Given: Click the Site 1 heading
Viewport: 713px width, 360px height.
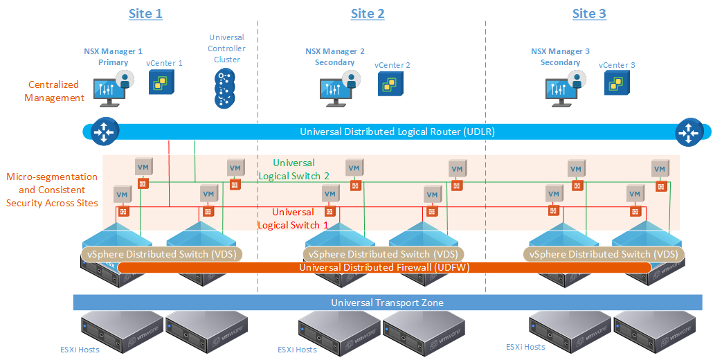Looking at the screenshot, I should (145, 13).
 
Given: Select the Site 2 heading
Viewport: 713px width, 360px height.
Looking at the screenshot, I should (368, 13).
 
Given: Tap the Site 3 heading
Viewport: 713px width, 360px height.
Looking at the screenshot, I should (589, 13).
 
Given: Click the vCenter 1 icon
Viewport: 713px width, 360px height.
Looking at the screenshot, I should (162, 82).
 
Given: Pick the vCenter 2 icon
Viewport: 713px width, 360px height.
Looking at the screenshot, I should (390, 84).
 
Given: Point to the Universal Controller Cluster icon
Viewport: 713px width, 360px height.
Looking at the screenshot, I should (224, 87).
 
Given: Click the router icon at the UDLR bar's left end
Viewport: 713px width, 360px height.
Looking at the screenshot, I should (103, 132).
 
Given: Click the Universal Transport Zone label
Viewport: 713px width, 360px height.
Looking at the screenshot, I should (387, 303).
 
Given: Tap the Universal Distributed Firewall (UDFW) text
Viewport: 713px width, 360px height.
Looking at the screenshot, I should (384, 267).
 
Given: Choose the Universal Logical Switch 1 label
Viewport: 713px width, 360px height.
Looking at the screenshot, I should (292, 218).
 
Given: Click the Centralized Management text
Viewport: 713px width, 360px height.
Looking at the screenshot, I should (54, 91).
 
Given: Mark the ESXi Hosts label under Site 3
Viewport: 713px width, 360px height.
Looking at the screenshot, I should (525, 347).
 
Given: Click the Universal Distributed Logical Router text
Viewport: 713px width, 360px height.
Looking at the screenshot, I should (397, 132).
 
